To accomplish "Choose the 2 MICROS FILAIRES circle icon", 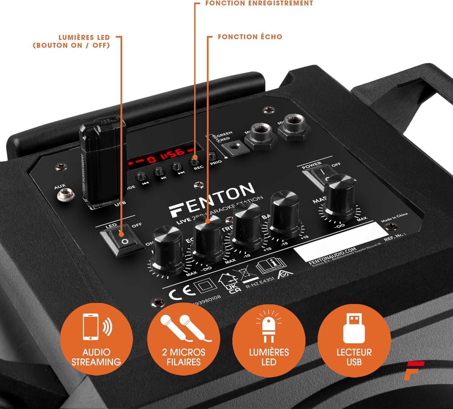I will point(183,340).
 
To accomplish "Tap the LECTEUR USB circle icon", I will point(354,340).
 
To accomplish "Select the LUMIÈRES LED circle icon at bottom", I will point(268,340).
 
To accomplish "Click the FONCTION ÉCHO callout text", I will point(250,37).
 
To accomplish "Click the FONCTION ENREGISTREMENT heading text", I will point(259,3).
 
